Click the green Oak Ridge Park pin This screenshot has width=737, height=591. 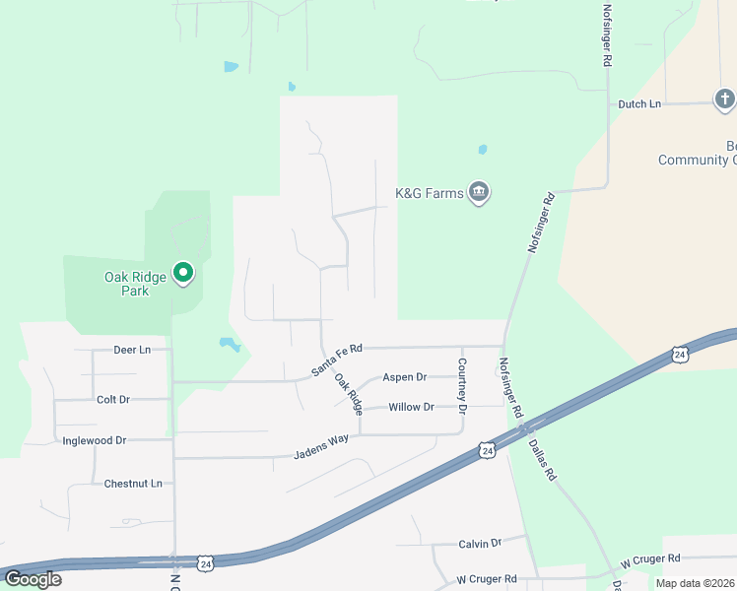coord(182,272)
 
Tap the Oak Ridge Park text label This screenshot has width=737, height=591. coord(127,284)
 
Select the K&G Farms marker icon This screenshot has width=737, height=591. coord(479,192)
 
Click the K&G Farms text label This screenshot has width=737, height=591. coord(429,194)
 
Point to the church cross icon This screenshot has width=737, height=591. coord(724,98)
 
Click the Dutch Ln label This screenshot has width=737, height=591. coord(639,103)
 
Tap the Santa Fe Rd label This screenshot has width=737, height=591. coord(337,360)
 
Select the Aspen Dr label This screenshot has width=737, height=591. coord(405,377)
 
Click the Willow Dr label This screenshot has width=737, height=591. coord(411,407)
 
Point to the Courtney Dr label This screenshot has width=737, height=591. coord(461,381)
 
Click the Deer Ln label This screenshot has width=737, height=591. coord(132,350)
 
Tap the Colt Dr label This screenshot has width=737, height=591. coord(113,399)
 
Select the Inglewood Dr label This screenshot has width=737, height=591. coord(94,440)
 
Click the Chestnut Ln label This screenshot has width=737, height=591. coord(133,484)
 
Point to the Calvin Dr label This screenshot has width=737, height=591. coord(480,543)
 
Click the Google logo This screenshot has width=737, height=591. coord(33,579)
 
